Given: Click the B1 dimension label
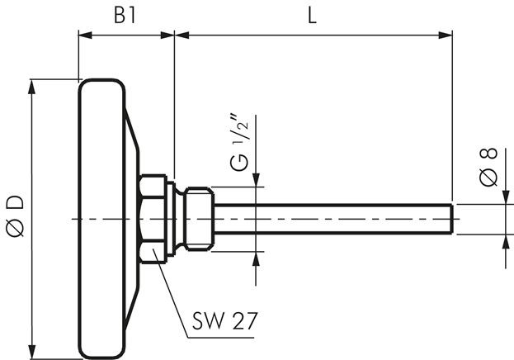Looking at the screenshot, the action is click(x=125, y=16).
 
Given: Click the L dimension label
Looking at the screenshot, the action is click(x=313, y=16).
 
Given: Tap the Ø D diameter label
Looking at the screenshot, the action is click(x=16, y=216).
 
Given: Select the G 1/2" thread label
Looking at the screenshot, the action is click(x=239, y=143).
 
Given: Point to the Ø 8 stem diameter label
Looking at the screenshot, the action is click(x=488, y=168).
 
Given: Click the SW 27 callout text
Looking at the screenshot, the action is click(x=224, y=320).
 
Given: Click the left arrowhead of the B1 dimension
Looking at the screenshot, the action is click(x=85, y=35).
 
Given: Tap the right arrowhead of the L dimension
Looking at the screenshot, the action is click(x=446, y=35).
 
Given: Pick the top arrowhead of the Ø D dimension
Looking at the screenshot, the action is click(x=32, y=87).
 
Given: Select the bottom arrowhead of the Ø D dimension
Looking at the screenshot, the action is click(x=32, y=352).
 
